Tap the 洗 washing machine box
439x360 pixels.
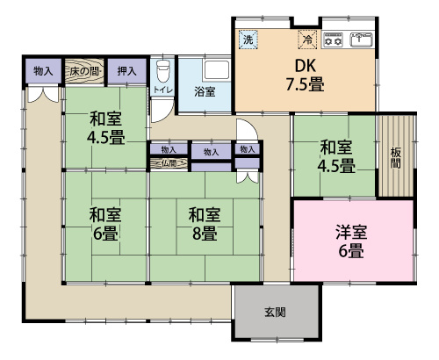(248, 40)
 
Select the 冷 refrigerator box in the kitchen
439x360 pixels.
(307, 39)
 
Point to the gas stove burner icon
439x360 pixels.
(334, 40)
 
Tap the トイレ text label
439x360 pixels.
(162, 90)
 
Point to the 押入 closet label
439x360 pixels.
(126, 70)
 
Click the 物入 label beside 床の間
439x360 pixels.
(42, 70)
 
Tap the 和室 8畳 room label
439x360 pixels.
(205, 223)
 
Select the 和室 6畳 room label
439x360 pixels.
(105, 223)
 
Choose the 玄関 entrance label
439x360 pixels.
(274, 313)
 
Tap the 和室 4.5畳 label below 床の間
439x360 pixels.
(105, 128)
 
